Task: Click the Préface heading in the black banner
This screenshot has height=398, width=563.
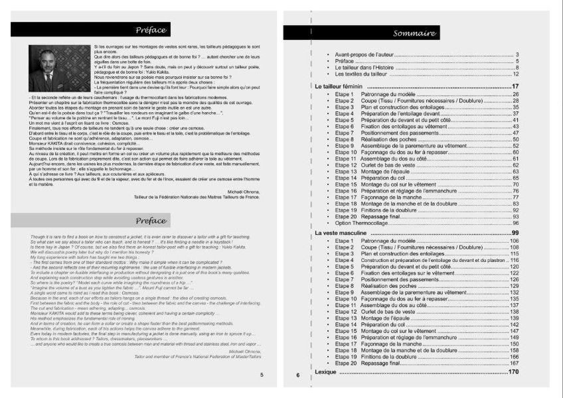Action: [151, 30]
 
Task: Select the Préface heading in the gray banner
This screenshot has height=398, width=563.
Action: [151, 221]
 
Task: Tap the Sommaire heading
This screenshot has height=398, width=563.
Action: [414, 33]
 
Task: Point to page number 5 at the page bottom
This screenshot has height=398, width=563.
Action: [262, 375]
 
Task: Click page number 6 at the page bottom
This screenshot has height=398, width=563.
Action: [298, 376]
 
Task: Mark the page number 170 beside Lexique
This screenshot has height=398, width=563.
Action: [513, 372]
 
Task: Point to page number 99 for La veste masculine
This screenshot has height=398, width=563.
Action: [515, 233]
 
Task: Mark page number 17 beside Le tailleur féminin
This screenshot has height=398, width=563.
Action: [515, 87]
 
